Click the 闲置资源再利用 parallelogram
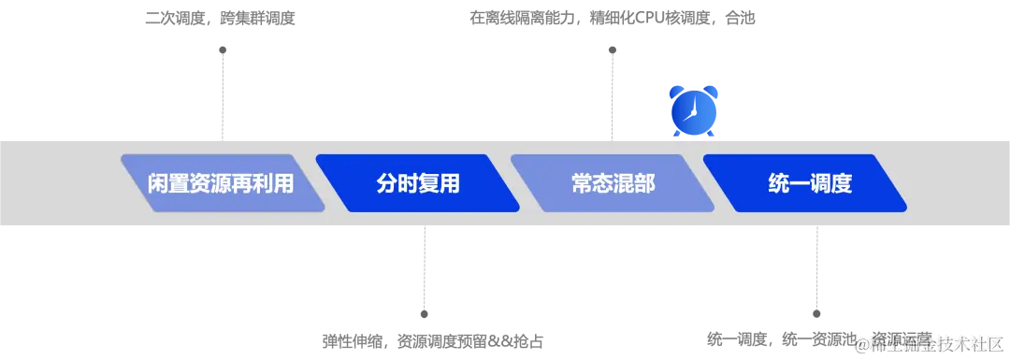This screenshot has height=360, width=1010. pos(222,183)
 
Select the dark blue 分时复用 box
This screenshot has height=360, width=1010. pos(417,183)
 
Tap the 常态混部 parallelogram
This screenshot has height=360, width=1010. pos(612,183)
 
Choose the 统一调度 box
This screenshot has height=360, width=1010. pos(806,183)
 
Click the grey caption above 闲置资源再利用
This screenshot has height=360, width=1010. pos(221,19)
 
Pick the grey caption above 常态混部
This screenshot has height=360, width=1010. pos(610,19)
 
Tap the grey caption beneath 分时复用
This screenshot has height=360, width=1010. pos(433,340)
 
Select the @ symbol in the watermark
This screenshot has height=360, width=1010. pos(858,343)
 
